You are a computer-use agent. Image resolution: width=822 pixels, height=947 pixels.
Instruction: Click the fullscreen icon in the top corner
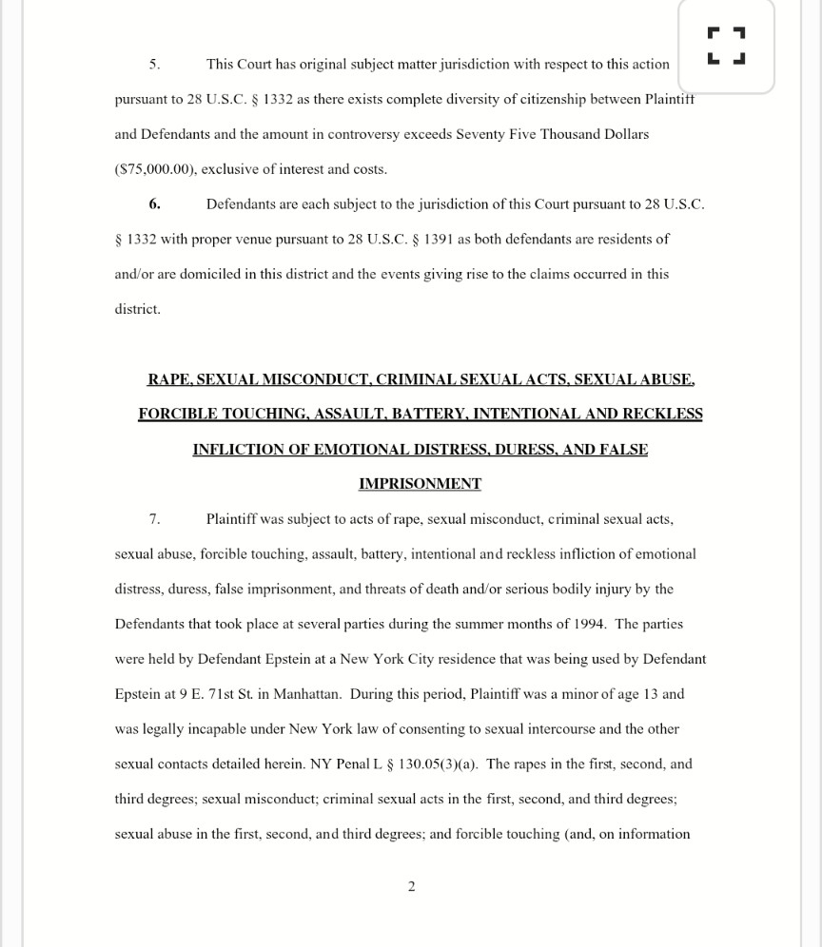click(x=727, y=46)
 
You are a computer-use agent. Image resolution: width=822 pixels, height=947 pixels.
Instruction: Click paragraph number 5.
click(x=154, y=65)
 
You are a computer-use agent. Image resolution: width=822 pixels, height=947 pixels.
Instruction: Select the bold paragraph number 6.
click(x=154, y=204)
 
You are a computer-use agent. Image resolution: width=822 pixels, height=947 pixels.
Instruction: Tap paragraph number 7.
click(x=154, y=519)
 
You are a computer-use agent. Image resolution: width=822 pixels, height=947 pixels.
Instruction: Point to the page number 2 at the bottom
click(x=411, y=886)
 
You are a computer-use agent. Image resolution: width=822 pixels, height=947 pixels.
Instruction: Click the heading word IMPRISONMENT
click(x=420, y=484)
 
